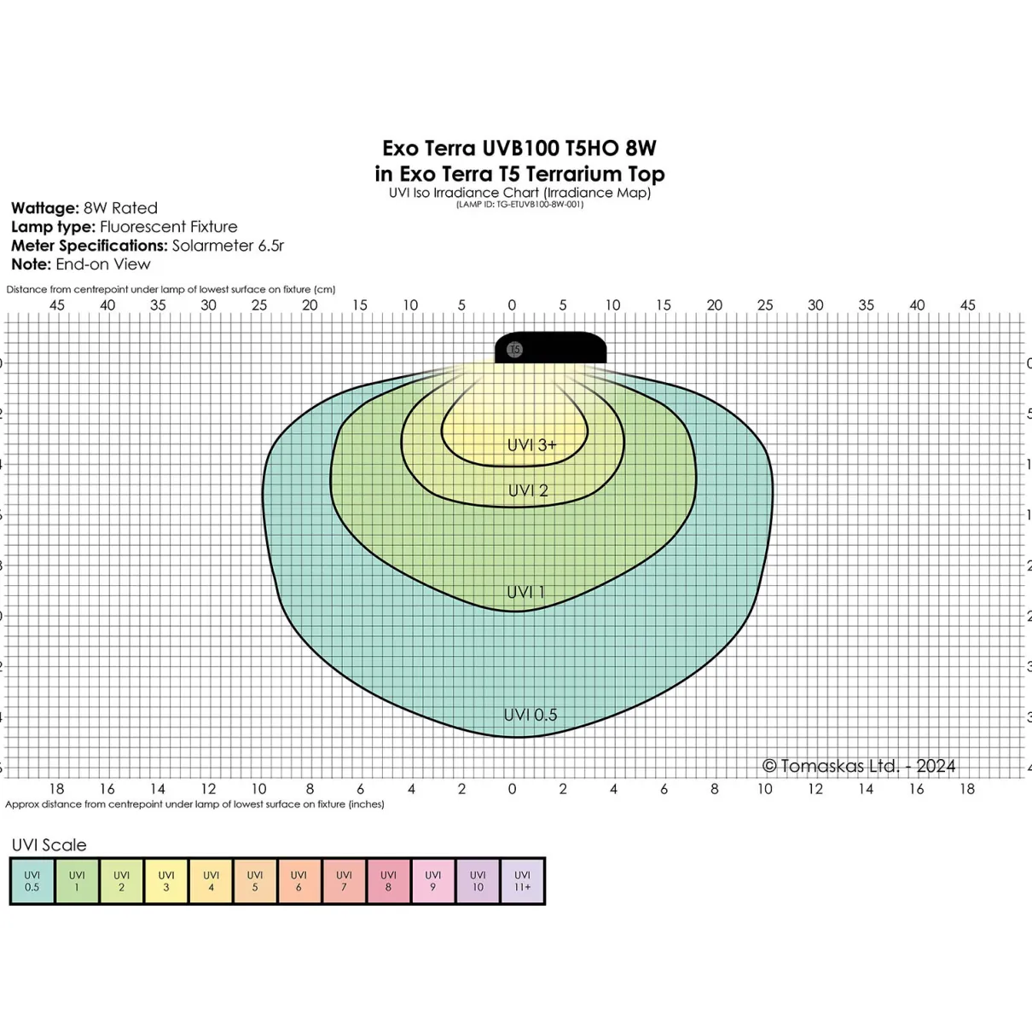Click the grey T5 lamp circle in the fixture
[514, 350]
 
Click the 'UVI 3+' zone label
[532, 444]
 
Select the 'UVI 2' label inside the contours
[528, 490]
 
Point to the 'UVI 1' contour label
[525, 592]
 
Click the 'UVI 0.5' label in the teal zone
[530, 715]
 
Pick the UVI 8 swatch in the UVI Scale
[388, 881]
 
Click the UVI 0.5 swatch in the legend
[32, 881]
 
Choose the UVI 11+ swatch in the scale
[522, 881]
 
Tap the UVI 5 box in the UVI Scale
[255, 881]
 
